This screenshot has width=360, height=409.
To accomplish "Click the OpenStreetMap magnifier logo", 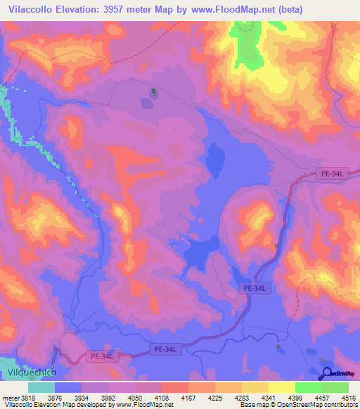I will pyautogui.click(x=325, y=373).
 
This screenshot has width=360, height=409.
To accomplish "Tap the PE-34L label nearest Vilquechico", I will pyautogui.click(x=102, y=357).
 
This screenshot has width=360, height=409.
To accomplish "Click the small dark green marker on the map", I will pyautogui.click(x=153, y=92).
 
